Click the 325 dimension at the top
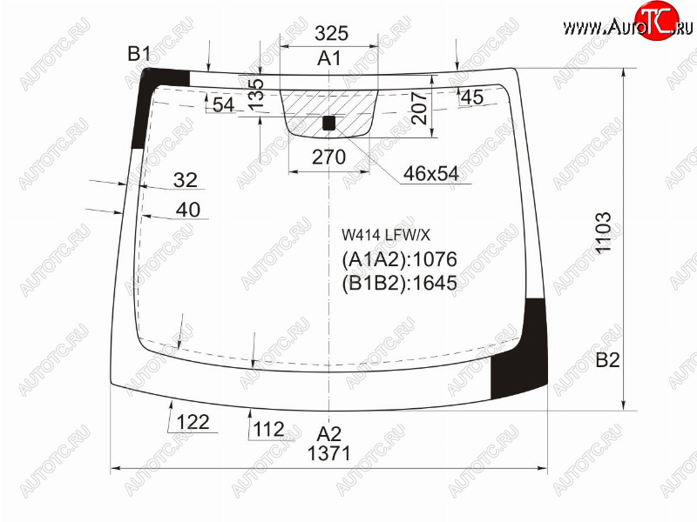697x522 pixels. point(331,33)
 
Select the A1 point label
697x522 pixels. point(329,58)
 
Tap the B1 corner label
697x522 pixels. point(139,54)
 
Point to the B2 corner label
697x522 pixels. point(607,359)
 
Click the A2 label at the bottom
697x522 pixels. point(329,433)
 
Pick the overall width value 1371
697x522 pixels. point(329,453)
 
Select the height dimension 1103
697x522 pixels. point(603,232)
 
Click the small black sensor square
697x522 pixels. point(328,123)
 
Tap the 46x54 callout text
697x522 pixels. point(430,173)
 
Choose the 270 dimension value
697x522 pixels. point(328,157)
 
